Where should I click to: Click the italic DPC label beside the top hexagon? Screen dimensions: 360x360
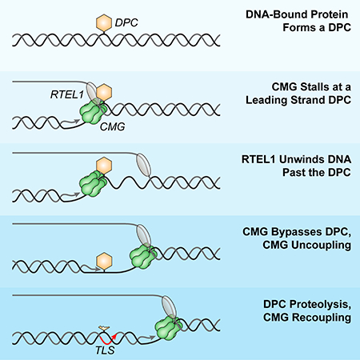(126, 22)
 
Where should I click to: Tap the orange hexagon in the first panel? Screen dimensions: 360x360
(104, 22)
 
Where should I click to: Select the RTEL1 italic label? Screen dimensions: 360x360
(67, 94)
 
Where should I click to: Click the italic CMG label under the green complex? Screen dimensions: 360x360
(113, 126)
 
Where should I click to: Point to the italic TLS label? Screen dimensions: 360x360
(105, 350)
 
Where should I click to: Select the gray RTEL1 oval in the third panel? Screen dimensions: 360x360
(143, 165)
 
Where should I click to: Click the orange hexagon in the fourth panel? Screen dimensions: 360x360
(104, 261)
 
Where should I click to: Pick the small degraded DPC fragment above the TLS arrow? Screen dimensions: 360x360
(104, 327)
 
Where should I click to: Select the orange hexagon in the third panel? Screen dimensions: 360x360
(104, 166)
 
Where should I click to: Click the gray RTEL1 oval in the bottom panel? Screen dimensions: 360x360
(169, 307)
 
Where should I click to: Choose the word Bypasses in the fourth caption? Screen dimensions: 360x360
(297, 232)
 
